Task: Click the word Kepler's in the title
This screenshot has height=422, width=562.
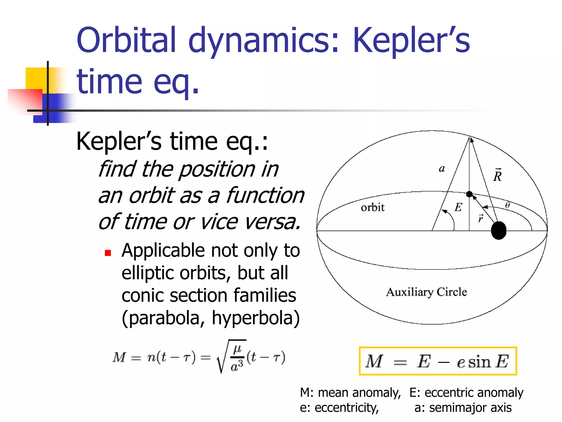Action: [411, 41]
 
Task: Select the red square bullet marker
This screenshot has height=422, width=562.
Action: [108, 253]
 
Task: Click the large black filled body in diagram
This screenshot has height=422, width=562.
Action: [498, 231]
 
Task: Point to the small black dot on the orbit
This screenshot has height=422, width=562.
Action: [469, 194]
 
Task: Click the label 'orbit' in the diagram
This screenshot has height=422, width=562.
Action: [372, 207]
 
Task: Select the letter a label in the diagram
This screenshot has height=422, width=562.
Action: [442, 168]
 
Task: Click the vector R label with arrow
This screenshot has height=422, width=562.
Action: [497, 175]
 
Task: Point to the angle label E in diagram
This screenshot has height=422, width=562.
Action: [458, 207]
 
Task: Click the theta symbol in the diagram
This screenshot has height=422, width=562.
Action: [507, 205]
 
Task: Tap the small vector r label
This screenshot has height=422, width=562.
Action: [480, 218]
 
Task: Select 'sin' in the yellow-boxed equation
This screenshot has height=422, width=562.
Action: [479, 362]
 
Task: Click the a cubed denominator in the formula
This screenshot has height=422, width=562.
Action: [237, 366]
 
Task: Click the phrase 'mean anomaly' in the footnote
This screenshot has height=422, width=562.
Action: [359, 393]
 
